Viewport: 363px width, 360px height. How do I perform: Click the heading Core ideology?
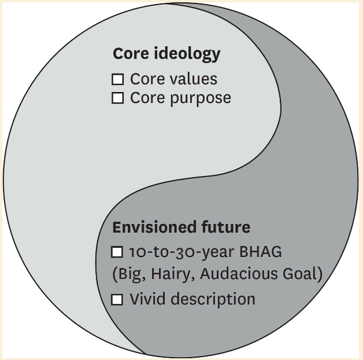pyautogui.click(x=166, y=54)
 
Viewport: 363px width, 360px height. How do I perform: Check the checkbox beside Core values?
pyautogui.click(x=117, y=79)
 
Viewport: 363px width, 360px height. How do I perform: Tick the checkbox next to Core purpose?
pyautogui.click(x=117, y=98)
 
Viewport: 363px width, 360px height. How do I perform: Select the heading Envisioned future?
pyautogui.click(x=181, y=227)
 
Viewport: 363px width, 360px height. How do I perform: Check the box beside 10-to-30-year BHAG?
pyautogui.click(x=117, y=252)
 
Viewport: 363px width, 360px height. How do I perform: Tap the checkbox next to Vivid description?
pyautogui.click(x=117, y=300)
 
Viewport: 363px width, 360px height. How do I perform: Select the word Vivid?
pyautogui.click(x=146, y=299)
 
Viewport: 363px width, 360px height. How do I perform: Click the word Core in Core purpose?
pyautogui.click(x=143, y=98)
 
